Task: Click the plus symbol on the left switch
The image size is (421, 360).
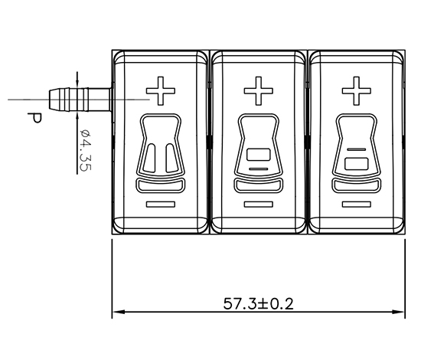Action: coord(161,91)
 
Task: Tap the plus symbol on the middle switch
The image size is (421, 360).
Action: coord(259,91)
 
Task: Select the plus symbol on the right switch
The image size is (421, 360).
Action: coord(357,91)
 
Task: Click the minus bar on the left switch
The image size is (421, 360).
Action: coord(161,205)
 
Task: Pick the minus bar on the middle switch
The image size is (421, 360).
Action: coord(259,205)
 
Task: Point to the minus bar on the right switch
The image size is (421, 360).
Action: coord(357,205)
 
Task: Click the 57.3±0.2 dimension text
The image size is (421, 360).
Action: coord(258,304)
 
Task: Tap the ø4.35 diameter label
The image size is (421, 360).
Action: coord(86,150)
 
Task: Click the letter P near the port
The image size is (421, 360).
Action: coord(34,119)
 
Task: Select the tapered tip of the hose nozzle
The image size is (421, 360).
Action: coord(52,100)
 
